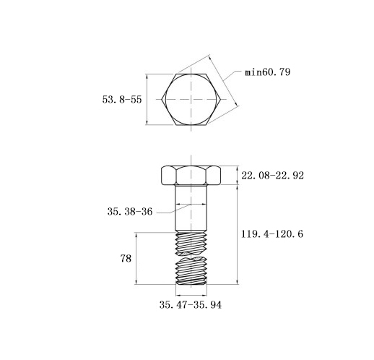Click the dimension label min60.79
(267, 72)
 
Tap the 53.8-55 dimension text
(122, 99)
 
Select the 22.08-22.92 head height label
(272, 176)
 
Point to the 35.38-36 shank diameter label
(130, 212)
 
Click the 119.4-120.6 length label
(272, 233)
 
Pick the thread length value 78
(126, 259)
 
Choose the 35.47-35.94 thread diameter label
(191, 305)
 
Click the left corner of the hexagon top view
(162, 99)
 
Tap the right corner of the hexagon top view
(220, 99)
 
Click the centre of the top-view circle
(191, 99)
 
